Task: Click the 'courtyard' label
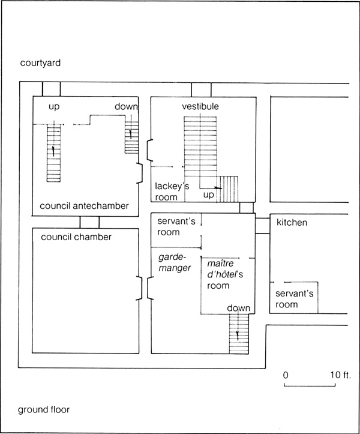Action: pos(40,63)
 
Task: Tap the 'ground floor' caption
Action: pos(44,409)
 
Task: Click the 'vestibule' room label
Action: pos(200,106)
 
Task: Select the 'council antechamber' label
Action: pos(84,206)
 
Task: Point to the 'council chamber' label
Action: pos(76,237)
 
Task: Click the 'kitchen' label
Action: pos(292,223)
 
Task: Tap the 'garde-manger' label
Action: pos(175,263)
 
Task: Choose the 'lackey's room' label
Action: pos(172,191)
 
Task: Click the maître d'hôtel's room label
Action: pos(225,274)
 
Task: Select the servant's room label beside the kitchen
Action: pos(295,299)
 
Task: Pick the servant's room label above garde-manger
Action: pos(176,227)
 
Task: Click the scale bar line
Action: pos(310,385)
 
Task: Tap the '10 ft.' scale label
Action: pos(341,375)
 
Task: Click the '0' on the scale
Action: pos(286,375)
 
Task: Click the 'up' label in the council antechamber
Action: pos(54,107)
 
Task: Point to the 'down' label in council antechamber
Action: pos(126,106)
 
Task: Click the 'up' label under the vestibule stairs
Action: pos(208,195)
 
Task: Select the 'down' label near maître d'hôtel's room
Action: pos(239,308)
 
